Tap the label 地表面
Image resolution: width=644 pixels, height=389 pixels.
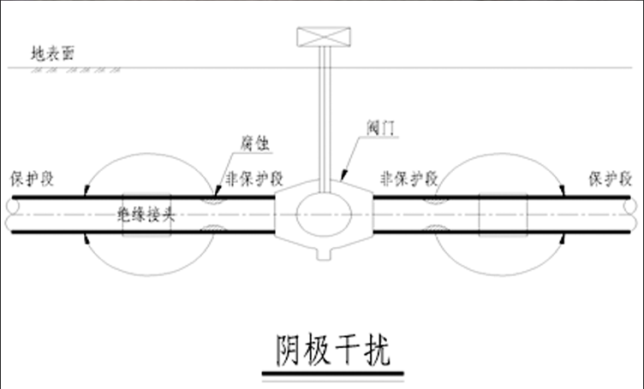pyautogui.click(x=53, y=53)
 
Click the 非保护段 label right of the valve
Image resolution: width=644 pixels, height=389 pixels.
pyautogui.click(x=408, y=180)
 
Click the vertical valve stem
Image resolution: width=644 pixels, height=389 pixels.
pyautogui.click(x=324, y=120)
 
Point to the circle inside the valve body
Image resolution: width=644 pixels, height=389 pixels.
pyautogui.click(x=322, y=213)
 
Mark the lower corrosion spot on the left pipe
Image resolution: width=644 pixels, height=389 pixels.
pyautogui.click(x=210, y=229)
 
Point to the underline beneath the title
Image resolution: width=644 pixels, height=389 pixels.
pyautogui.click(x=332, y=374)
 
